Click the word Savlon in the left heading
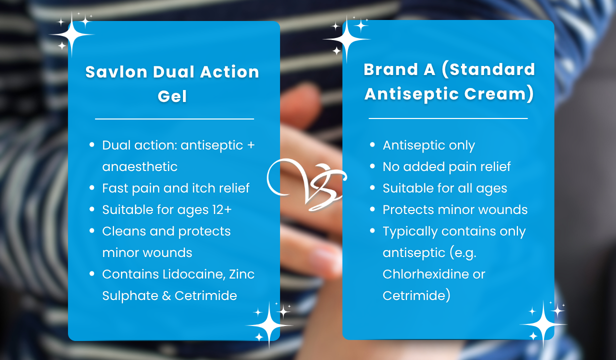(x=116, y=72)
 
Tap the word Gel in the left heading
(x=172, y=96)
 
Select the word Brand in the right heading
(x=391, y=69)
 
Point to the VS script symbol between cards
(x=306, y=185)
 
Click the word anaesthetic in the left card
(x=139, y=166)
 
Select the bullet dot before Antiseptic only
(x=372, y=144)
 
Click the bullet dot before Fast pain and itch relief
(x=92, y=188)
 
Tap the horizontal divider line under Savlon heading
(x=174, y=119)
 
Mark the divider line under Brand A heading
(x=448, y=118)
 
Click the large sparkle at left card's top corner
(x=72, y=34)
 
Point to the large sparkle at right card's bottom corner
(x=543, y=324)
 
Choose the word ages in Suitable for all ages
(x=491, y=189)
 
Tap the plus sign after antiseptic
(x=251, y=145)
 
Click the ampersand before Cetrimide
(x=166, y=296)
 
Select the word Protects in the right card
(x=408, y=210)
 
